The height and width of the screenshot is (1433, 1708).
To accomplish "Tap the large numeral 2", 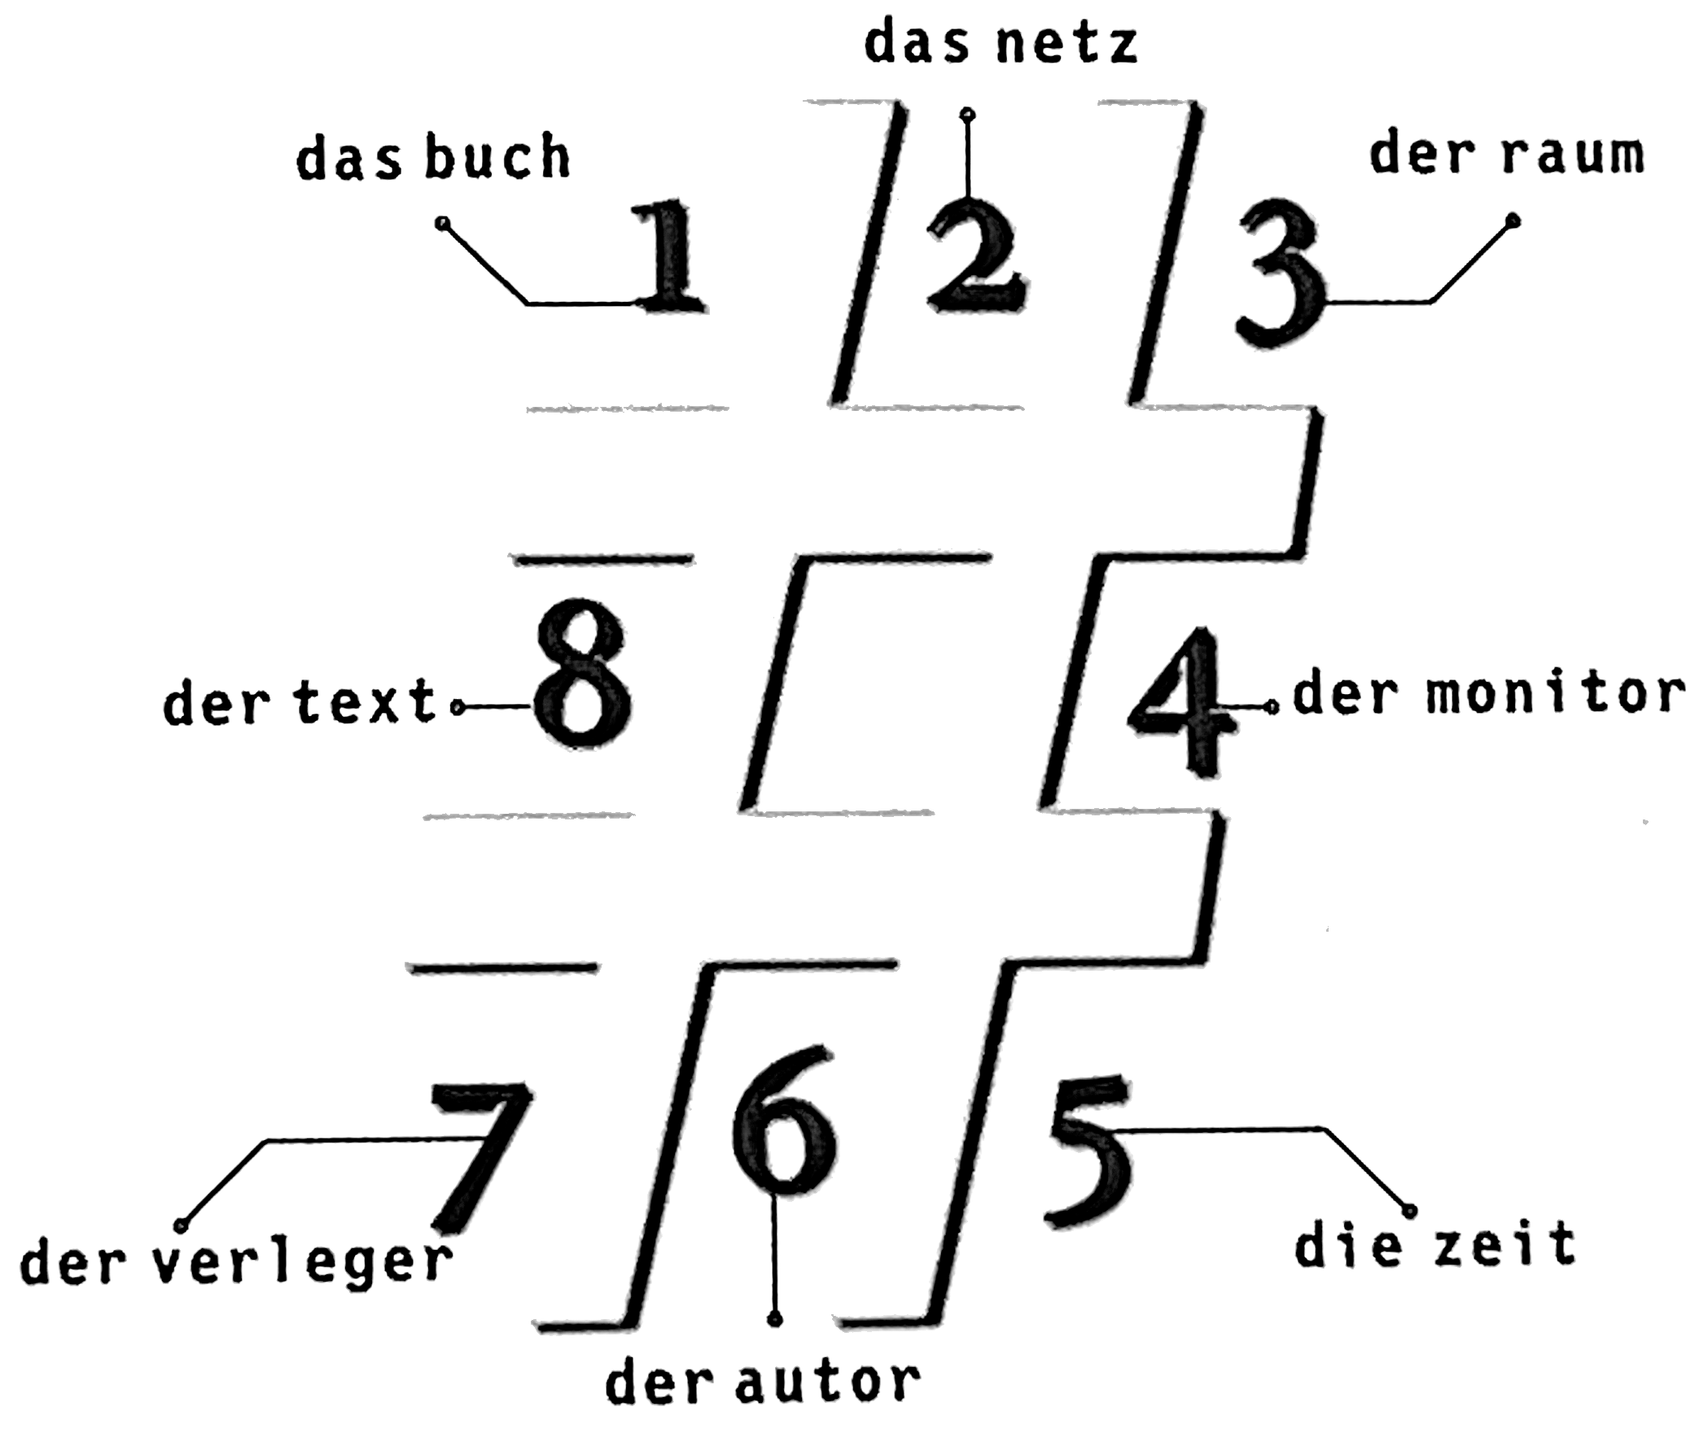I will [x=976, y=259].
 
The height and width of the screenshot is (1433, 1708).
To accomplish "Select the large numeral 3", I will [x=1281, y=277].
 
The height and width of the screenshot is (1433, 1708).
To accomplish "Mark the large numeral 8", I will [x=583, y=675].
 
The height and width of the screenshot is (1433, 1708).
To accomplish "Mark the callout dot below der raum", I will [x=1513, y=219].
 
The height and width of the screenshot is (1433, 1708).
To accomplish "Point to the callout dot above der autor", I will [x=776, y=1318].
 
